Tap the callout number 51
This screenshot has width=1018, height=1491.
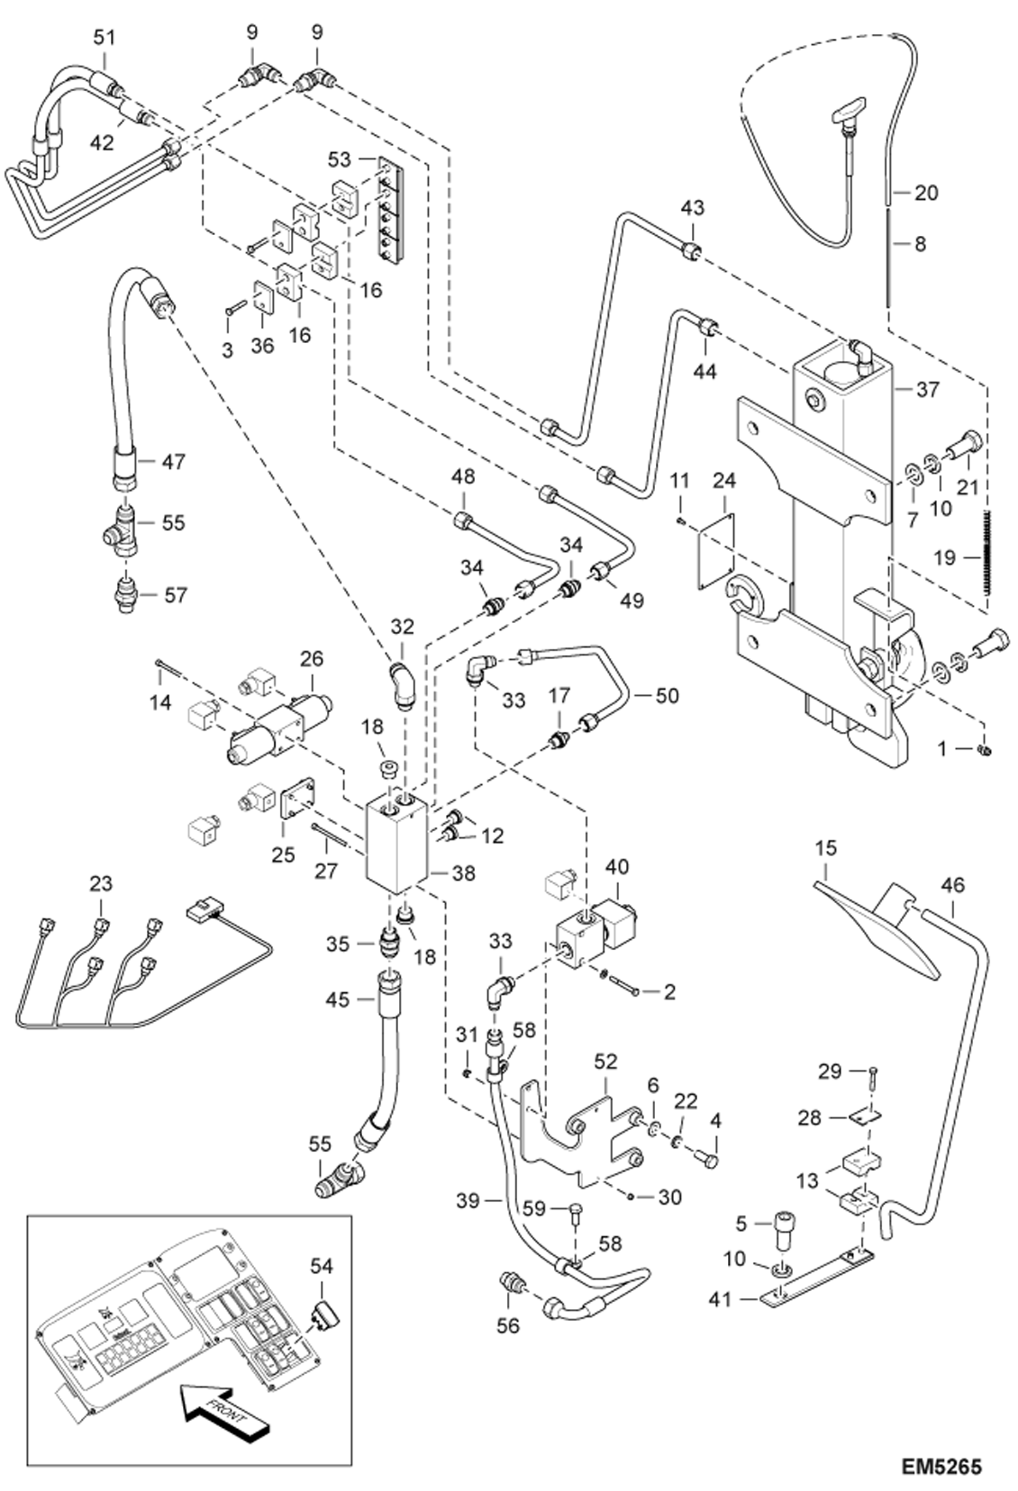104,38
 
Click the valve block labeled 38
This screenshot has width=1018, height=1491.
396,844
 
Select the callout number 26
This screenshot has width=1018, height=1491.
312,659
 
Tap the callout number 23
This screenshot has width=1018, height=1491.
101,884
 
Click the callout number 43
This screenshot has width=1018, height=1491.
693,207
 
